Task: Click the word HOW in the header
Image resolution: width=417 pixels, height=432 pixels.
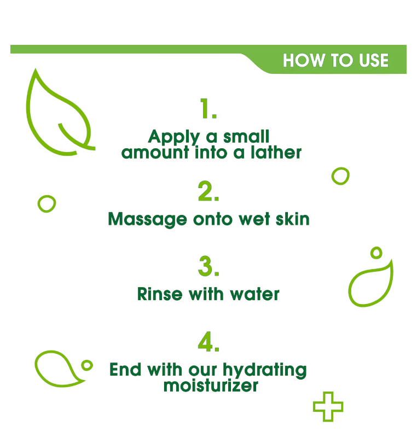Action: coord(304,60)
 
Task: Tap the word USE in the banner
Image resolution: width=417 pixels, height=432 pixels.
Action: coord(374,60)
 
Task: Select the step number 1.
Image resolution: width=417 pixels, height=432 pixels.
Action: coord(208,109)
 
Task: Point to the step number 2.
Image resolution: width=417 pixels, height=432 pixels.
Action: coord(208,191)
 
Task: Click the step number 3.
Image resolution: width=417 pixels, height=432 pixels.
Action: coord(208,266)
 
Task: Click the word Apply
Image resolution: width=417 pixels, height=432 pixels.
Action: coord(174,137)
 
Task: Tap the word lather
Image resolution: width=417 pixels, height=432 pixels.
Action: coord(276,152)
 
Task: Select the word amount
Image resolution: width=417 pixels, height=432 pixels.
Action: coord(155,153)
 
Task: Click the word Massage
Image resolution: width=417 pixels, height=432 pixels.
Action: coord(148,220)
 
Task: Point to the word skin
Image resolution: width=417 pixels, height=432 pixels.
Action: coord(293,219)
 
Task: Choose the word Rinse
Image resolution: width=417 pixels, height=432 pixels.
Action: coord(160,294)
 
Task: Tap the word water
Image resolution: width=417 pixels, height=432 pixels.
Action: coord(254,294)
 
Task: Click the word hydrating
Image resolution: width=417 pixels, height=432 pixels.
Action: coord(265,371)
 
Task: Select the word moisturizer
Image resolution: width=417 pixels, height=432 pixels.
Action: coord(211,385)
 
